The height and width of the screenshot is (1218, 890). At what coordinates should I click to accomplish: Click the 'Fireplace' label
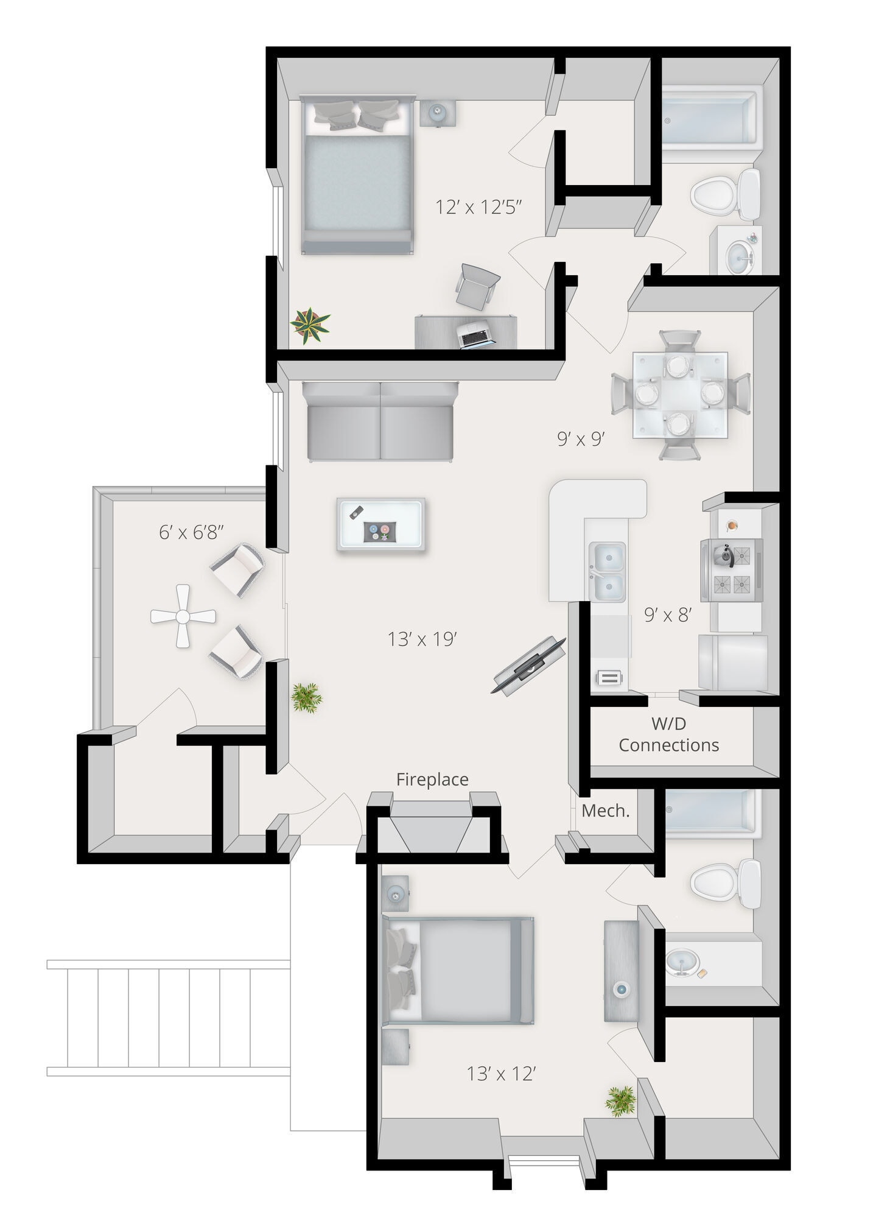point(432,780)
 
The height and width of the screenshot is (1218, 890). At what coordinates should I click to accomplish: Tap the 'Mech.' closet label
point(605,811)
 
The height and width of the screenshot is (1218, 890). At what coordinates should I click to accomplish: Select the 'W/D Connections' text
point(668,734)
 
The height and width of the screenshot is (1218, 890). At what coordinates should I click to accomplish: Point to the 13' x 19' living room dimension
point(422,639)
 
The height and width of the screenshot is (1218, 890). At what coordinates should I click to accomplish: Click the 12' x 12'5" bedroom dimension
point(479,207)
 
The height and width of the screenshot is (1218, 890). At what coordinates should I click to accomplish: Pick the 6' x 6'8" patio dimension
point(191,532)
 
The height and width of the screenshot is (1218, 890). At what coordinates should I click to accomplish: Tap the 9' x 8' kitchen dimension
point(668,615)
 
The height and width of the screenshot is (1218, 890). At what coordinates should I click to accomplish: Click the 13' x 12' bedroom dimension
point(500,1074)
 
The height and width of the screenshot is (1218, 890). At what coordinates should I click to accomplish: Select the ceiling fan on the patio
point(183,616)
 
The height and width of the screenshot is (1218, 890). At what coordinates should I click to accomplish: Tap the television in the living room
point(528,665)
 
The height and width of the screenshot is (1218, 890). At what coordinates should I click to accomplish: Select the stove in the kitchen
point(731,569)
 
